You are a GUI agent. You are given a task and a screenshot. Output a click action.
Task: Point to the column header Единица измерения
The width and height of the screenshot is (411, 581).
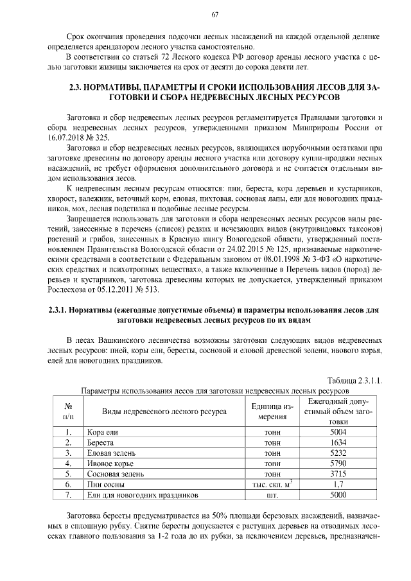pyautogui.click(x=272, y=412)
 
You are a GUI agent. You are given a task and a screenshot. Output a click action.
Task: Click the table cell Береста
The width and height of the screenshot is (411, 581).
pyautogui.click(x=101, y=444)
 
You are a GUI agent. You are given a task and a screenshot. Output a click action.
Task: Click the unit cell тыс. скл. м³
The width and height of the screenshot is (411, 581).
pyautogui.click(x=272, y=485)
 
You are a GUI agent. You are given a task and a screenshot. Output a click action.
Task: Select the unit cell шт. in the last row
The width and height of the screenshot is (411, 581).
pyautogui.click(x=272, y=495)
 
